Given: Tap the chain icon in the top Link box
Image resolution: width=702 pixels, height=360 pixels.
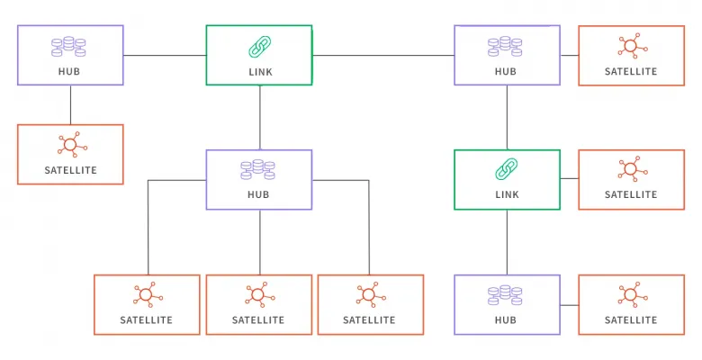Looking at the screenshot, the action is tap(260, 47).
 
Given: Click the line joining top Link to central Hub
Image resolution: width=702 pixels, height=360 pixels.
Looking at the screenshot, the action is tap(260, 117).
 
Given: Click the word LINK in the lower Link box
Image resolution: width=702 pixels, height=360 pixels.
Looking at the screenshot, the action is tap(507, 194).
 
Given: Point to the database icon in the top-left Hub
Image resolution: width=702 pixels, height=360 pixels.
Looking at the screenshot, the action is tap(68, 47).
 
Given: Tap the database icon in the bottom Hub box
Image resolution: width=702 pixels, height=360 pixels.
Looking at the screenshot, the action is tap(505, 295).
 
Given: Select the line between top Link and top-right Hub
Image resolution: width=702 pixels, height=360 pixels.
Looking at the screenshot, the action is tap(383, 56).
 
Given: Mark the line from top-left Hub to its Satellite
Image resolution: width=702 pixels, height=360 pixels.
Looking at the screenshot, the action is tap(70, 104).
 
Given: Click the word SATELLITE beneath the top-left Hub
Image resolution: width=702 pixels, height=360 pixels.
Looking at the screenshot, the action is tap(70, 170).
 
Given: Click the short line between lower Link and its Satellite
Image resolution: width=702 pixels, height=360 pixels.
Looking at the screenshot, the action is tap(569, 179).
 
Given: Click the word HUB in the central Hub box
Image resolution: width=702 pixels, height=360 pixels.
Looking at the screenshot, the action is tap(258, 194).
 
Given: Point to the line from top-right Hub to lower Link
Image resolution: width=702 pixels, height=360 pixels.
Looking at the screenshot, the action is tap(507, 117).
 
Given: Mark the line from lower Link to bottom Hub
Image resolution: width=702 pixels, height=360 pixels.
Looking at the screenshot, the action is tap(507, 242).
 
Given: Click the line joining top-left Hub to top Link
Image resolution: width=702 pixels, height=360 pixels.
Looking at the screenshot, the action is tap(165, 56).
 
